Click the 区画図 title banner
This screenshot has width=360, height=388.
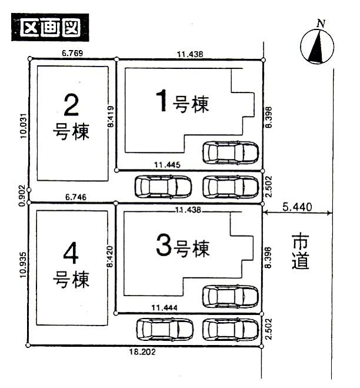[50, 28]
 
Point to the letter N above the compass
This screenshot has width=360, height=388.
[321, 24]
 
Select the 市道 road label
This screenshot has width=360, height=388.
[301, 251]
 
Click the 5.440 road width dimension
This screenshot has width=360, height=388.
[298, 207]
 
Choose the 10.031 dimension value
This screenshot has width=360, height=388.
[23, 126]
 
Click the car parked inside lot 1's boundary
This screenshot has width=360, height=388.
[231, 153]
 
